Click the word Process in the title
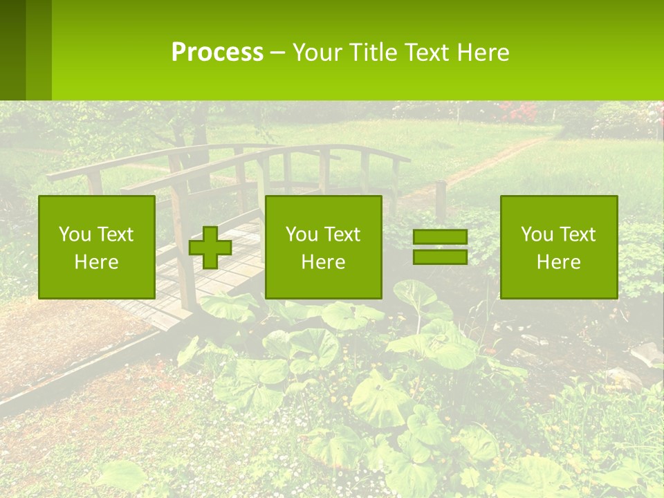click(x=217, y=53)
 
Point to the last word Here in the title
click(x=483, y=53)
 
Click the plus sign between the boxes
click(x=210, y=248)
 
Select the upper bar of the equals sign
click(x=440, y=237)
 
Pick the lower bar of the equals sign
click(x=440, y=257)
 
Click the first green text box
click(x=97, y=247)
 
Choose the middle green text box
click(x=323, y=247)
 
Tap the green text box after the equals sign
click(x=559, y=247)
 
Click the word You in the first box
click(x=74, y=234)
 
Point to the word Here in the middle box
click(x=323, y=261)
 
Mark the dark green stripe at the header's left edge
click(x=12, y=50)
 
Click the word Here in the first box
click(x=97, y=261)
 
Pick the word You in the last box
click(x=536, y=234)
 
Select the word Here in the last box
click(x=559, y=261)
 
